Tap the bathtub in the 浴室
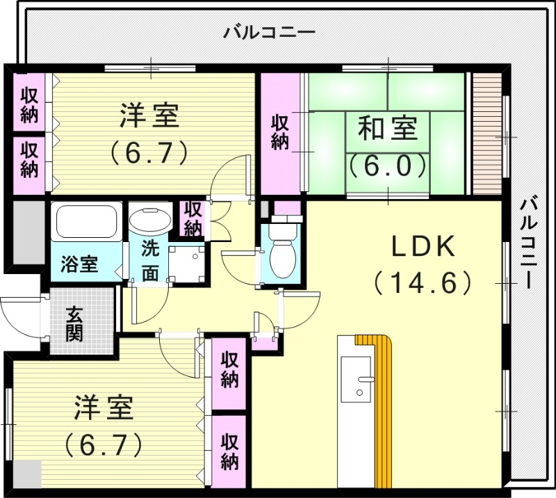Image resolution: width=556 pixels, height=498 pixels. click(x=86, y=221)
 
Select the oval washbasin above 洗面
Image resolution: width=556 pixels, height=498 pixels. click(x=150, y=220)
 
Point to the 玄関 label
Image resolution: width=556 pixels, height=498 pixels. click(x=74, y=323)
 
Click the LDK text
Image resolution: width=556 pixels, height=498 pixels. click(x=423, y=247)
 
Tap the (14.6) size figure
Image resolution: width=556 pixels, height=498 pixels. click(x=423, y=283)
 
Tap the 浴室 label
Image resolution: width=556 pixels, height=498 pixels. click(x=79, y=264)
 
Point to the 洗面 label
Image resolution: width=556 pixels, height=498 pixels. click(x=150, y=262)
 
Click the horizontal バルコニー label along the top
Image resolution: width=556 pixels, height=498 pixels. click(x=269, y=33)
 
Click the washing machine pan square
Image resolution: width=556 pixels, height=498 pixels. click(x=186, y=264)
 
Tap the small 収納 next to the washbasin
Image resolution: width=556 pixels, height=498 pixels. click(x=193, y=218)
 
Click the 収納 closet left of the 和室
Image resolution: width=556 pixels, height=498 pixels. click(x=280, y=133)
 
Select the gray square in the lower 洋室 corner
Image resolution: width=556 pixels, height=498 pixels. click(x=27, y=474)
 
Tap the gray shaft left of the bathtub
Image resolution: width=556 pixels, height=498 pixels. click(x=29, y=233)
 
